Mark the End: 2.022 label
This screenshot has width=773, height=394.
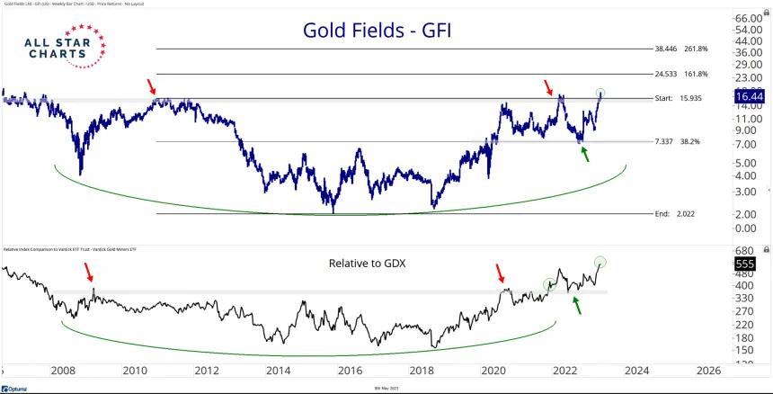(x=677, y=214)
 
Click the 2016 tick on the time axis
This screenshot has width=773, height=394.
(x=350, y=370)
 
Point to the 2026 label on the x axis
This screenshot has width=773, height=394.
(x=706, y=370)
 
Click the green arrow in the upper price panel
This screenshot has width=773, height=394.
(x=587, y=154)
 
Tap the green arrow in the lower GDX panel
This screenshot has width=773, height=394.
(x=577, y=306)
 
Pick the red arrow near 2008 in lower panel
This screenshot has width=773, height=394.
(x=88, y=273)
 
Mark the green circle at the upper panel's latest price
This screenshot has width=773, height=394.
(x=600, y=93)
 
